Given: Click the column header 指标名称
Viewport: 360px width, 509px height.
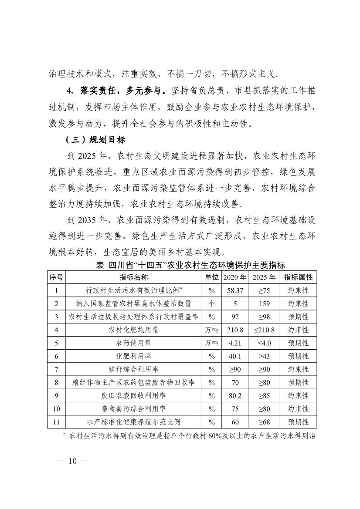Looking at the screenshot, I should tap(134, 277).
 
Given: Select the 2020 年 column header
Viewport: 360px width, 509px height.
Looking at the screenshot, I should tap(235, 277).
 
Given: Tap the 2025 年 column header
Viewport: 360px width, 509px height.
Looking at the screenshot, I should tap(264, 277).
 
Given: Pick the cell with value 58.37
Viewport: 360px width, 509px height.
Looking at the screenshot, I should tap(235, 290).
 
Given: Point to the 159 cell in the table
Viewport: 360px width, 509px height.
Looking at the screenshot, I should tap(264, 303).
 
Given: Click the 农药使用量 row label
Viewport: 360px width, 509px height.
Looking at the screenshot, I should tap(134, 343).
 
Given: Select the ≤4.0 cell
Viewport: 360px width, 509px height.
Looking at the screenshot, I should tap(264, 343).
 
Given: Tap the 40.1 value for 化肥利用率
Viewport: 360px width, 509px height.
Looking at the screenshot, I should tap(235, 356).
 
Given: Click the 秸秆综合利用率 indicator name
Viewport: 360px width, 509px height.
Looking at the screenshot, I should tap(134, 369).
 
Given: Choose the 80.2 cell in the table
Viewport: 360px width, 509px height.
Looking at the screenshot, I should tap(235, 396).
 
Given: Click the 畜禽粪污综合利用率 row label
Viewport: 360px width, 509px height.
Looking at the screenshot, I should tap(134, 409).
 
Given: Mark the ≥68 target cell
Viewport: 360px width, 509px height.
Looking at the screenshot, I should tap(264, 422).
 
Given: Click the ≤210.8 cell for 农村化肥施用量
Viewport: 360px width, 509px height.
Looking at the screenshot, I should tap(264, 330).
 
